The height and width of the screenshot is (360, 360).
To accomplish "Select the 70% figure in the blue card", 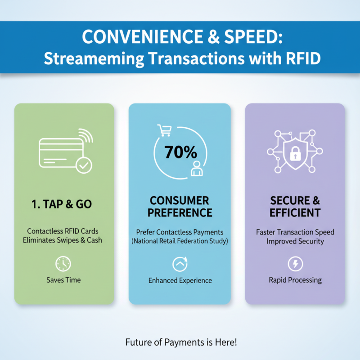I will coord(180,152).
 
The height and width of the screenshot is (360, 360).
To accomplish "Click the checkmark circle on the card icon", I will coord(83,166).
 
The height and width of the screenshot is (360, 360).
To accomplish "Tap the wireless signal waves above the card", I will coord(84,135).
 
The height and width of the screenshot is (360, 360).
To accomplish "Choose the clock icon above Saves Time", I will coord(63,264).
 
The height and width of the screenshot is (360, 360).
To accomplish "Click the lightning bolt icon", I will coord(295,264).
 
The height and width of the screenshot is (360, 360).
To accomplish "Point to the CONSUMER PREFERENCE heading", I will coord(180,206).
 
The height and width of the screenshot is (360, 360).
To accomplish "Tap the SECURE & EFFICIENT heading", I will coord(295,206).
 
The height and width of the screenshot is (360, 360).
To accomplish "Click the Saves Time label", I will coord(63,280).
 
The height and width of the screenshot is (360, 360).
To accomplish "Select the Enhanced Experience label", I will coord(180,280).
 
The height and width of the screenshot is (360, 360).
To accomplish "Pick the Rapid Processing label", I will coord(295,280).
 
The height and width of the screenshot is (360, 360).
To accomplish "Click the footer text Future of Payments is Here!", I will coord(180,342).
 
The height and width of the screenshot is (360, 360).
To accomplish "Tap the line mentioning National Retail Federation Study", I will coord(180,242).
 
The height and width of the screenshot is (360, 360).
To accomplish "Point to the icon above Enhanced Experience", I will coord(180,264).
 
